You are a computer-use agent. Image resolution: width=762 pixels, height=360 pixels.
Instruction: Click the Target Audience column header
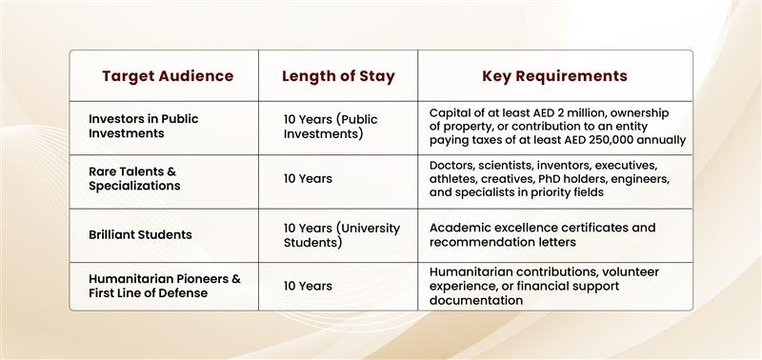coord(168,76)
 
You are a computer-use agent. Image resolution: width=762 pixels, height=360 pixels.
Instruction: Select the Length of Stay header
coord(338,76)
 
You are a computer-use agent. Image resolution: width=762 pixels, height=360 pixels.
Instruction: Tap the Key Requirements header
coord(554,76)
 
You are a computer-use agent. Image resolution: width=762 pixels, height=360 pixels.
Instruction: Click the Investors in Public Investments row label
coord(144,126)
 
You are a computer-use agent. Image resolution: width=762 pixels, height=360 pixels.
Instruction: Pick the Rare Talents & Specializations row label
coord(134,178)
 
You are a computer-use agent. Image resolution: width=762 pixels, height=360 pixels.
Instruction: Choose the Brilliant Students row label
coord(140,234)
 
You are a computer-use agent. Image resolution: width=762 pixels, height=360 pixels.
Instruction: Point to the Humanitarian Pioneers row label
coord(164,286)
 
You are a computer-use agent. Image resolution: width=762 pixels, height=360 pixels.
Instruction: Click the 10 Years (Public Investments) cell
coord(331,127)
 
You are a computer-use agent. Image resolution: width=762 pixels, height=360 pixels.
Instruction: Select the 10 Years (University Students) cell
coord(342,235)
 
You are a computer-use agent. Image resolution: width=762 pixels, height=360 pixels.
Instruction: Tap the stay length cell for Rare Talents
coord(308,179)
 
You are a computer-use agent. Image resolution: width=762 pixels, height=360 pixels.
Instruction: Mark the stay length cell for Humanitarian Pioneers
coord(308,286)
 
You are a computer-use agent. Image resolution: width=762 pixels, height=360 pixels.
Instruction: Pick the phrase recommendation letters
coord(503,242)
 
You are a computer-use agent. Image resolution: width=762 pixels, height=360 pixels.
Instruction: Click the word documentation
coord(476,300)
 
